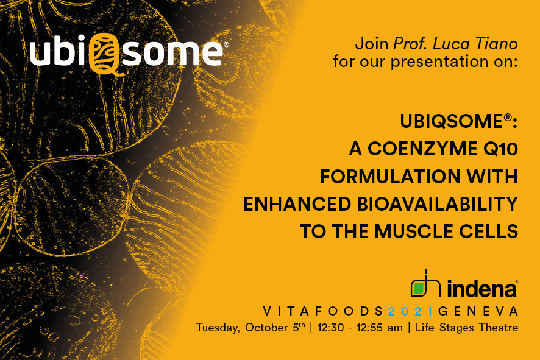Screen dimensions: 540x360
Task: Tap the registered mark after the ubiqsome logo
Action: pos(226,44)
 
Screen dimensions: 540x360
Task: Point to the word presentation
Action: pos(439,62)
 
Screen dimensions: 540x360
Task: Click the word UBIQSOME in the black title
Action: pos(452,121)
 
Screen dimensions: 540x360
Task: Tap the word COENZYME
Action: pos(422,149)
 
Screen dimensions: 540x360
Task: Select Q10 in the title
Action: pos(501,149)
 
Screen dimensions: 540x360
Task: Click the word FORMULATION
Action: pos(390,177)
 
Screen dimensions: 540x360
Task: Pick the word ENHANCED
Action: pos(297,204)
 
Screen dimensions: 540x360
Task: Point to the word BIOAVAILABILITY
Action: pos(438,204)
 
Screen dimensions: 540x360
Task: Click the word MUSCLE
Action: pos(413,231)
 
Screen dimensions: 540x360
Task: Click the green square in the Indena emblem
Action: pos(419,288)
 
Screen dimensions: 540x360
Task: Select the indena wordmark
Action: pos(482,288)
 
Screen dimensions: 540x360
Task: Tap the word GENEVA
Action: pos(478,311)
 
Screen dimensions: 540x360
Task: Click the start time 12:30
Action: pos(330,327)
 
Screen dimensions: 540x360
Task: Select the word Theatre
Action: pos(498,327)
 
